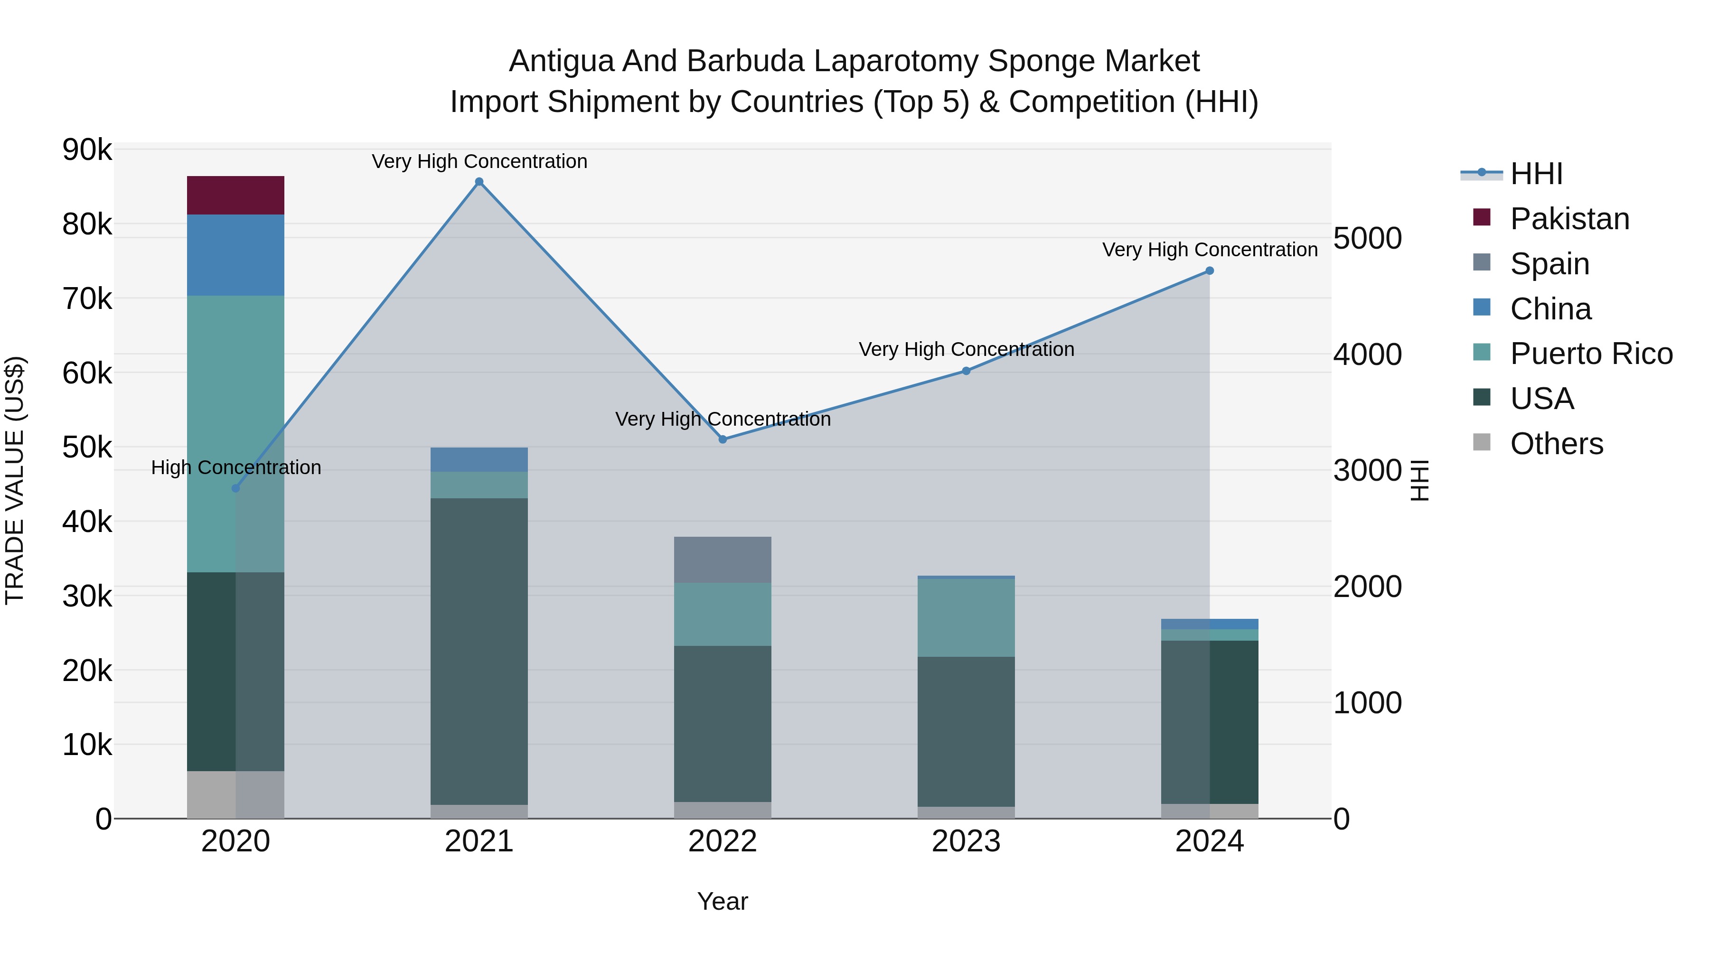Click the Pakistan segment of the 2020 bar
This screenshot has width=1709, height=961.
click(235, 195)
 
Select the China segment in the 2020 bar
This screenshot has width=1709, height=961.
click(235, 255)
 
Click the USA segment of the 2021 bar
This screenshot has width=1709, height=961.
click(479, 651)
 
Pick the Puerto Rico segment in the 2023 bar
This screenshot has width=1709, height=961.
click(966, 617)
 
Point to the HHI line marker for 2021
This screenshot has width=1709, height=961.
click(479, 182)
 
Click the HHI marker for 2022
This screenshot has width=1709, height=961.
click(723, 439)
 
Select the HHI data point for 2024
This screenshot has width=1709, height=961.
click(1210, 271)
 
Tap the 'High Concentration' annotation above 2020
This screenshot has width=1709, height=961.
click(235, 467)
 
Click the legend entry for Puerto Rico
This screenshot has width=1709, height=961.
click(1591, 354)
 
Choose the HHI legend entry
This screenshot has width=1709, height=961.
click(1536, 174)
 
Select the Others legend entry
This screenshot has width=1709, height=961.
click(1556, 444)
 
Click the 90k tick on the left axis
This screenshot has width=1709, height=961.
click(87, 150)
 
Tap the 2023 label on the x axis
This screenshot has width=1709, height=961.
click(966, 841)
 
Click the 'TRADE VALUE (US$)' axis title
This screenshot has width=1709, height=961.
click(15, 480)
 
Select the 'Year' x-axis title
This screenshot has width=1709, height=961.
click(723, 901)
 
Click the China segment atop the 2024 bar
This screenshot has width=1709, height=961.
click(1210, 624)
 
